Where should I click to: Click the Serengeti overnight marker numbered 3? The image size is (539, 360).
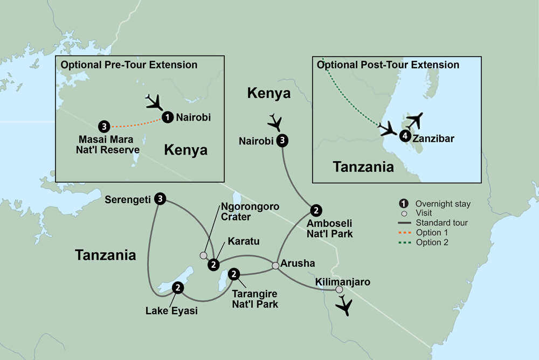(x=160, y=199)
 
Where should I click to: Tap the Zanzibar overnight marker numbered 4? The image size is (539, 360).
(x=404, y=137)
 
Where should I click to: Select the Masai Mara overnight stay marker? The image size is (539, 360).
(x=104, y=127)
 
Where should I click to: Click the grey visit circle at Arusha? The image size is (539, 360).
(x=275, y=265)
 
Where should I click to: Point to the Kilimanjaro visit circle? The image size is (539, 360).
(x=339, y=290)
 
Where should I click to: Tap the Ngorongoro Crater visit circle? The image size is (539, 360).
(x=203, y=255)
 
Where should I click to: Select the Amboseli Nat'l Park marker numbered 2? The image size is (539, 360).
(x=316, y=210)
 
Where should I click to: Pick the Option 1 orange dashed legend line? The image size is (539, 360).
(x=404, y=232)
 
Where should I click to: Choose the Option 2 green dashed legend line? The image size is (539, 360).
(x=404, y=242)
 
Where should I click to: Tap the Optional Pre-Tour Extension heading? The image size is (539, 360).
(x=129, y=65)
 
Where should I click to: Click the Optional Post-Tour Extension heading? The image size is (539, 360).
(x=388, y=65)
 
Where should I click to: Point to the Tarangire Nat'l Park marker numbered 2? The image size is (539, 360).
(x=234, y=274)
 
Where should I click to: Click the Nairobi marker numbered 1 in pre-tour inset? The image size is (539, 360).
(x=168, y=117)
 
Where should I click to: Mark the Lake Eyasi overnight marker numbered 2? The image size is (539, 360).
(x=177, y=289)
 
